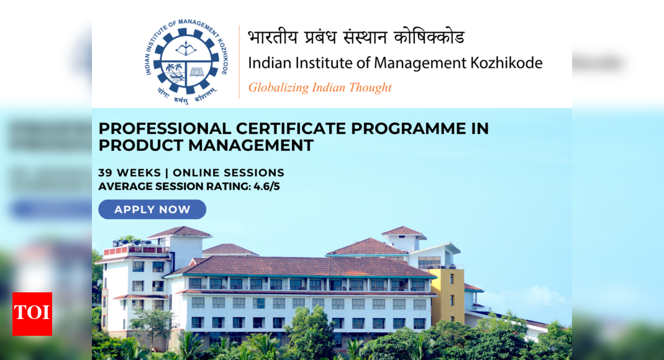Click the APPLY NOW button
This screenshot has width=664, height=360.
[152, 210]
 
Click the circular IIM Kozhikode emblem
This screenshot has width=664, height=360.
[186, 60]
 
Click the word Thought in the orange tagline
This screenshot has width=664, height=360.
[370, 88]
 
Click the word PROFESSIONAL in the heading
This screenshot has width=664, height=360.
[165, 128]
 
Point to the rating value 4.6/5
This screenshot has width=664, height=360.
[266, 186]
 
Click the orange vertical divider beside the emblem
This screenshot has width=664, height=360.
[239, 61]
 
